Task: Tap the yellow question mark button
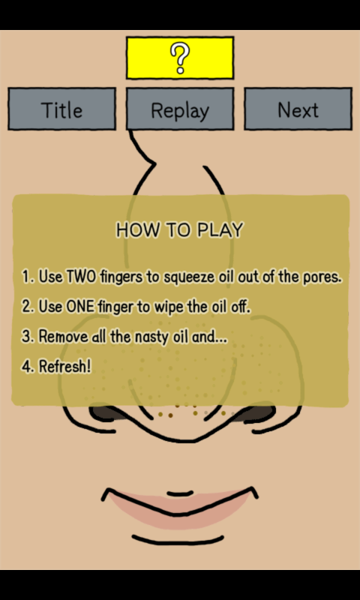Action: click(180, 58)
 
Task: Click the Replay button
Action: click(180, 109)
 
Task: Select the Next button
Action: click(298, 109)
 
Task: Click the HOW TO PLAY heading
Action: click(179, 230)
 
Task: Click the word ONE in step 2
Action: click(80, 307)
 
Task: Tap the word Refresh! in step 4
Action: click(65, 367)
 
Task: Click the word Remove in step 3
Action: click(64, 337)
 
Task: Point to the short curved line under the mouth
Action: click(178, 540)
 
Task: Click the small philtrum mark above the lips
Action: click(180, 493)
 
